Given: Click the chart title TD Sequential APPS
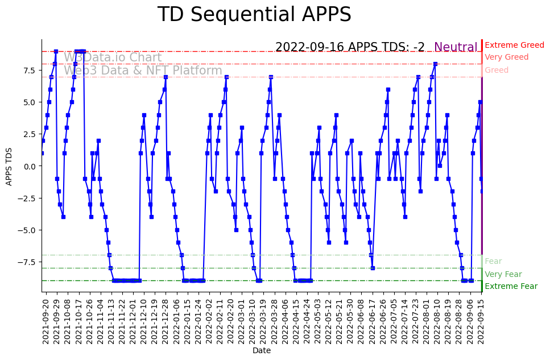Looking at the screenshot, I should coord(254,15).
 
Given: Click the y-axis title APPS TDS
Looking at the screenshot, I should coord(9,165).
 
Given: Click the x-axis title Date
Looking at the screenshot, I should coord(262,350).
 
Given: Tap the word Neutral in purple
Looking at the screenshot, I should coord(456,47).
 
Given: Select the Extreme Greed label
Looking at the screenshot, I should coord(514,45).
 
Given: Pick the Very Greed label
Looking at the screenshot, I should coord(506,57).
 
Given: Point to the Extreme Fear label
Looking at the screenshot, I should coord(511,286).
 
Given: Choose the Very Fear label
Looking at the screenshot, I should coord(503,274).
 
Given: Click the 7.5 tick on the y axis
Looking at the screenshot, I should coord(30,71).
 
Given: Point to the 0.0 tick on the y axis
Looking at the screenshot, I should coord(30,166).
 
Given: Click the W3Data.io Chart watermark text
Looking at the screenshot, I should coord(113,57).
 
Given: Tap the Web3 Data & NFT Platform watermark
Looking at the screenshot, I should coord(143,71).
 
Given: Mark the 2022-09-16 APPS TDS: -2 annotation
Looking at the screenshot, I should coord(350,47).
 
